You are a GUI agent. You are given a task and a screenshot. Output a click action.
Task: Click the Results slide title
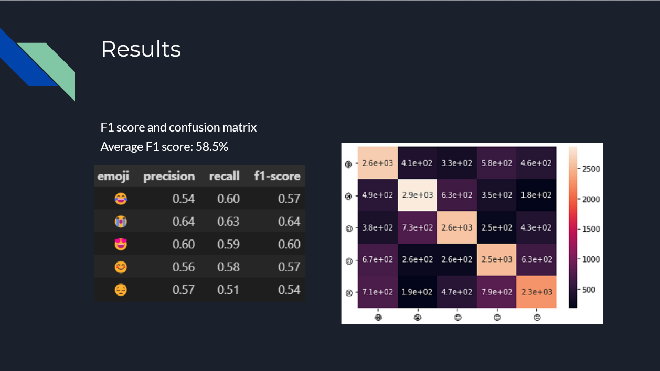(x=141, y=49)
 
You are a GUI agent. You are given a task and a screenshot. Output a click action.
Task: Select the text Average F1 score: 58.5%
(x=164, y=147)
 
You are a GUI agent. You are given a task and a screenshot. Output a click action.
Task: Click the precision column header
(x=169, y=176)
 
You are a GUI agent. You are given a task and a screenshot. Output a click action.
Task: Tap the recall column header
(x=224, y=176)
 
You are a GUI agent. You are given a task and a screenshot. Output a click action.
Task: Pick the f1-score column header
(x=277, y=176)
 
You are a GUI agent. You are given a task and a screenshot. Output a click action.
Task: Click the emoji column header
(x=113, y=176)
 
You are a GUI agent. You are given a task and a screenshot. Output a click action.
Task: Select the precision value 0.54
(x=184, y=199)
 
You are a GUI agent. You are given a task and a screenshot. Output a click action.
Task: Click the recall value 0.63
(x=228, y=222)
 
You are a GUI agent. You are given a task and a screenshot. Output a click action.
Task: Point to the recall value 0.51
(x=228, y=290)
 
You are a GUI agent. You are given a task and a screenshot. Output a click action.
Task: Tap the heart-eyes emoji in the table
(x=121, y=244)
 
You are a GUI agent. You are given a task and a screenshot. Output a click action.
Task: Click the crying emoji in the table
(x=121, y=222)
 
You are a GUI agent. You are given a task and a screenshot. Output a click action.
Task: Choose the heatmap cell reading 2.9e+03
(x=418, y=195)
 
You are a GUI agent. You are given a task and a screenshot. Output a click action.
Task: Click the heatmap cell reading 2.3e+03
(x=536, y=292)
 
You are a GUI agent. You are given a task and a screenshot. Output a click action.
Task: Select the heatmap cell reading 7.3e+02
(x=418, y=227)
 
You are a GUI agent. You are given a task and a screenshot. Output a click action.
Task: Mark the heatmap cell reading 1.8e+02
(x=536, y=195)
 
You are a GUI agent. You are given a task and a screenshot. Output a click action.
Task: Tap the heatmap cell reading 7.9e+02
(x=497, y=292)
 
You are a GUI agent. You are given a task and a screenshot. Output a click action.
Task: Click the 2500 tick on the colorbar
(x=590, y=169)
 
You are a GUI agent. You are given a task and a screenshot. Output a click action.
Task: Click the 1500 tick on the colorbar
(x=590, y=229)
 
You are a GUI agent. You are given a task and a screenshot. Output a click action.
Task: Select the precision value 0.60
(x=184, y=244)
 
